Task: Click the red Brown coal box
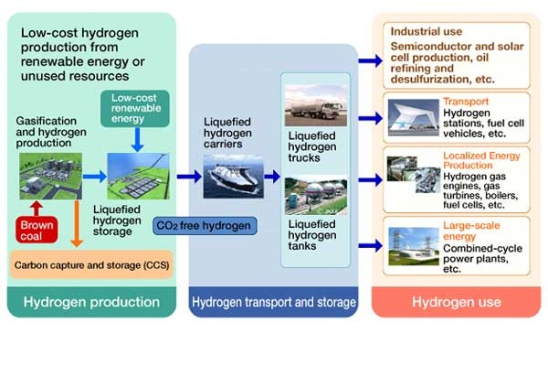tap(37, 230)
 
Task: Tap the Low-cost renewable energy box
tap(135, 109)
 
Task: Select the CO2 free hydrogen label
tap(205, 226)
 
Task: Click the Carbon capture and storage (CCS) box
tap(91, 265)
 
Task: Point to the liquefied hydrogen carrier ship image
tap(234, 178)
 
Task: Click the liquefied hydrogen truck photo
tap(316, 105)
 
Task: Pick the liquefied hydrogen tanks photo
tap(316, 195)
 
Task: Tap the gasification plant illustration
tap(50, 176)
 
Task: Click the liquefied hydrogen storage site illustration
tap(139, 176)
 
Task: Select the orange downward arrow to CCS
tap(77, 223)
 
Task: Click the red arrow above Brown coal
tap(36, 209)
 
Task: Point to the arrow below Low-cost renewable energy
tap(137, 140)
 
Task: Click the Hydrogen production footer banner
tap(91, 302)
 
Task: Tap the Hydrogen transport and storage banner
tap(274, 302)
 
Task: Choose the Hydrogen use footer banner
tap(456, 302)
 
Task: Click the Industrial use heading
tap(427, 31)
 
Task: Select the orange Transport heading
tap(466, 102)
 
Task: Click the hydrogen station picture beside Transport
tap(414, 118)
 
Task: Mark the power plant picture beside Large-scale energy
tap(414, 246)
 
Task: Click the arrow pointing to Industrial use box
tap(371, 61)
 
